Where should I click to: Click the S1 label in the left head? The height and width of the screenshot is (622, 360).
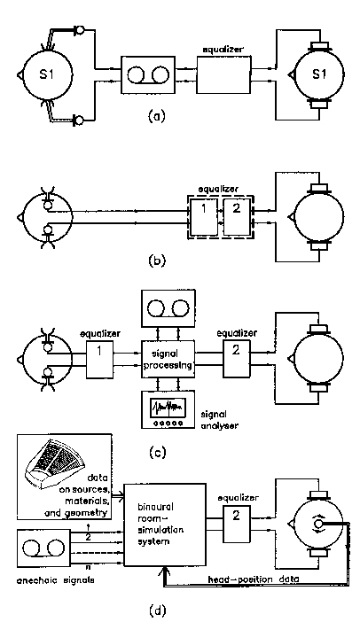point(46,74)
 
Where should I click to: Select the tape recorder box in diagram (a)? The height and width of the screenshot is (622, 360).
point(148,74)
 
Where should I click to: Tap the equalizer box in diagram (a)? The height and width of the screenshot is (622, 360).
point(223,74)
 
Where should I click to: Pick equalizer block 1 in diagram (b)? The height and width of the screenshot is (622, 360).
point(204,216)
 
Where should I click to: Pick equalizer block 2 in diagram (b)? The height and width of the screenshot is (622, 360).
point(237,216)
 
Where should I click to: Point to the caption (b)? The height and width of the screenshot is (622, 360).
point(156,260)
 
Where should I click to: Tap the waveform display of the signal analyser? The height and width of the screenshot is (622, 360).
point(168,408)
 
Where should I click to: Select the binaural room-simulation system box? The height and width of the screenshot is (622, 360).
point(165,525)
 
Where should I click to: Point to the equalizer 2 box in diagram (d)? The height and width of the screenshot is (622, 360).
point(237,525)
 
